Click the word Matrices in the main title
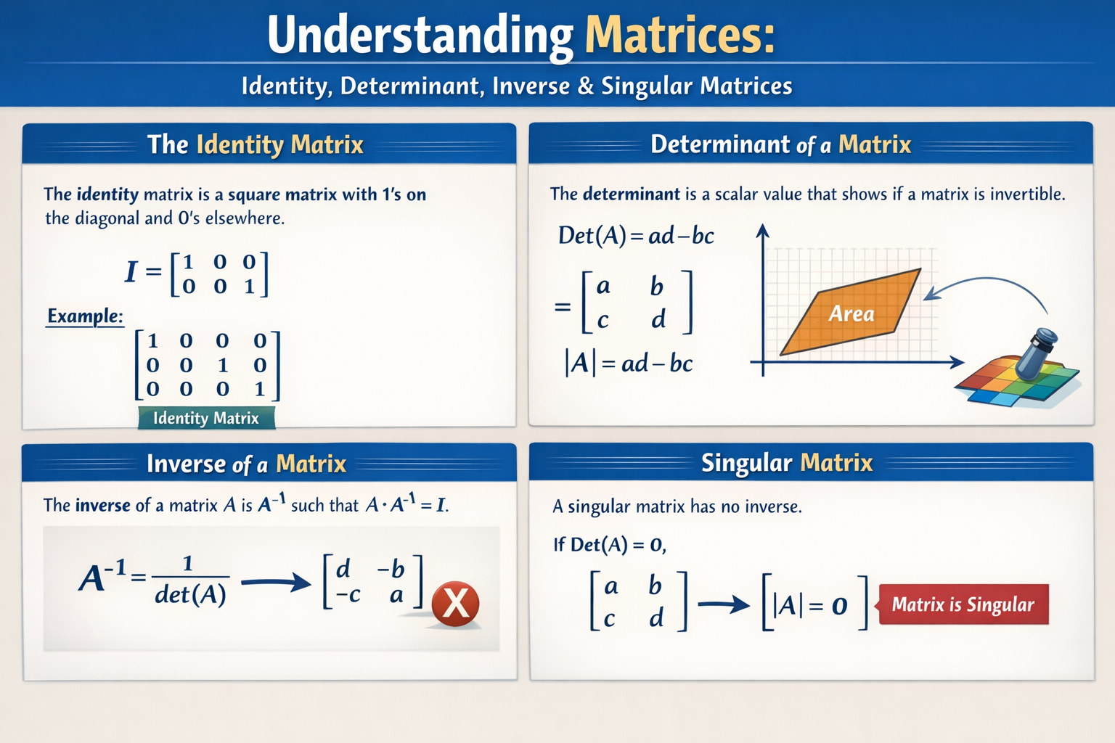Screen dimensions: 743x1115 click(x=679, y=35)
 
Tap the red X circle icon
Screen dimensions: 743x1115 click(x=455, y=604)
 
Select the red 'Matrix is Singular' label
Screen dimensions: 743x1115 click(x=963, y=604)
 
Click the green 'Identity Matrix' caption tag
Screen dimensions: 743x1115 click(x=206, y=418)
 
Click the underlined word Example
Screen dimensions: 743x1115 click(x=85, y=316)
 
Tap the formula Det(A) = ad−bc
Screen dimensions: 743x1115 click(x=636, y=236)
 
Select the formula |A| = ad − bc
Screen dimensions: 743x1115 click(x=629, y=363)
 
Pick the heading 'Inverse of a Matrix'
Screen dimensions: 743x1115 click(x=247, y=464)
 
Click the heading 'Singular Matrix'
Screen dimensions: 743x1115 click(x=787, y=463)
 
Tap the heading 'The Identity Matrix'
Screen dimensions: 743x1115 click(x=256, y=144)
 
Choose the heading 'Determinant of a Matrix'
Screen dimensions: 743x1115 click(x=780, y=144)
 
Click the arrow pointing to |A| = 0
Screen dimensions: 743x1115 click(x=724, y=604)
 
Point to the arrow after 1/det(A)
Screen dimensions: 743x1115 click(x=275, y=581)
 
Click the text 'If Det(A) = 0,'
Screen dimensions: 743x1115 click(x=610, y=544)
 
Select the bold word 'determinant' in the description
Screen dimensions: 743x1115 click(x=631, y=194)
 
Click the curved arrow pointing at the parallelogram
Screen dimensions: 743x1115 click(x=994, y=285)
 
